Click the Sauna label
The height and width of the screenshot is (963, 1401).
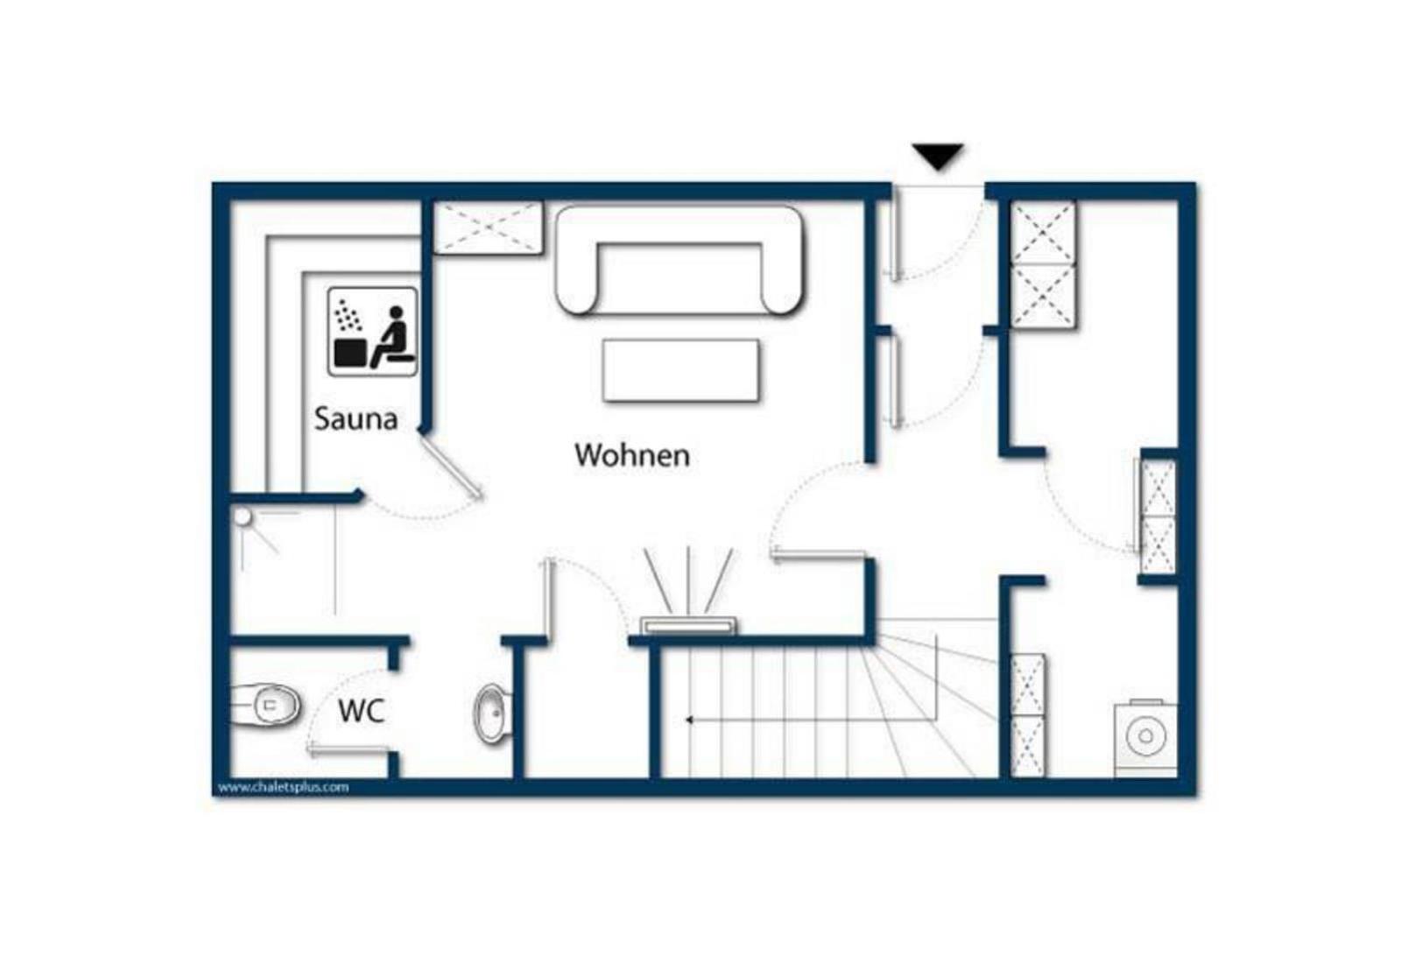click(356, 418)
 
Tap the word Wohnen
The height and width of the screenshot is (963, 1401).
click(632, 455)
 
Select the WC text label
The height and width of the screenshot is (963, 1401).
click(362, 711)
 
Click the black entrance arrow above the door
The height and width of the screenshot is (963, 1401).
click(938, 157)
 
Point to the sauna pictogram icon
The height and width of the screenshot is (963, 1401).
click(373, 332)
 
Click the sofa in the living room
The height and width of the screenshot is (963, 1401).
click(679, 260)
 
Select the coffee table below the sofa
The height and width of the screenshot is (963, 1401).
click(681, 370)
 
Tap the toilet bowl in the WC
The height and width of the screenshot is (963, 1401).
click(267, 706)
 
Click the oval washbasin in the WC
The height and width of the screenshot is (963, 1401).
click(492, 713)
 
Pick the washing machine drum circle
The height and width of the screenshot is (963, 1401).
click(1146, 736)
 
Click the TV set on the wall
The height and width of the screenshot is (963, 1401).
click(688, 625)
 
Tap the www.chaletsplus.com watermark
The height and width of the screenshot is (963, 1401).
click(284, 787)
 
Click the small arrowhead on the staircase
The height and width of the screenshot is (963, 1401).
click(689, 720)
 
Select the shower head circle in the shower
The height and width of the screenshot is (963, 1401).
click(242, 517)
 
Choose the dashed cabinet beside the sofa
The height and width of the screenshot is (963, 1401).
click(488, 228)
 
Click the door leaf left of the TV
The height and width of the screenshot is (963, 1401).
click(549, 599)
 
